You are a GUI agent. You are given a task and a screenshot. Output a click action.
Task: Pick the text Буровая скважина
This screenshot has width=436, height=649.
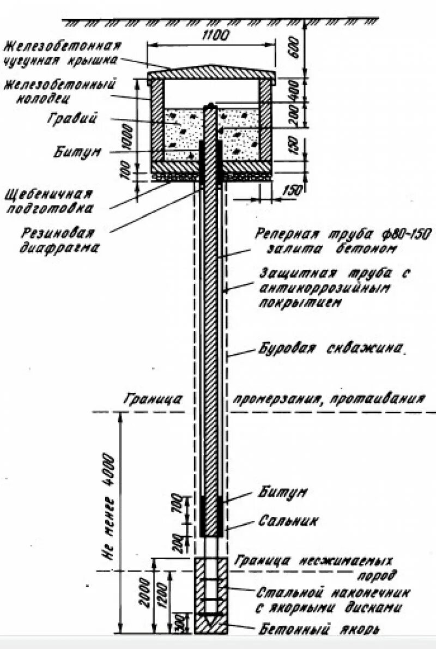330,349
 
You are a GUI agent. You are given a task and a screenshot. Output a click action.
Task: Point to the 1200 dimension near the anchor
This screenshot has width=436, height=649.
162,599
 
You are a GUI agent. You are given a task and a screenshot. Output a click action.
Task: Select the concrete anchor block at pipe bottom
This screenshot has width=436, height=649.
211,597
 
